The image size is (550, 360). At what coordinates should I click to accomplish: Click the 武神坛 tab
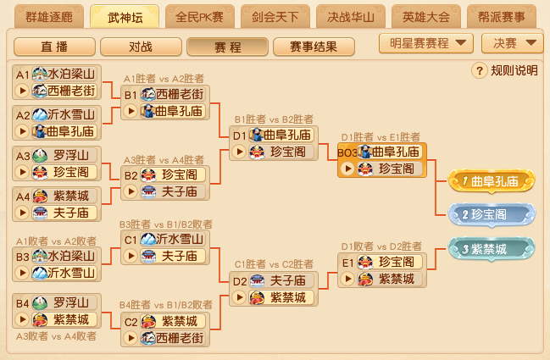pyautogui.click(x=125, y=16)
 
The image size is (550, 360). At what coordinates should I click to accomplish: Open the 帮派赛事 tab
pyautogui.click(x=502, y=16)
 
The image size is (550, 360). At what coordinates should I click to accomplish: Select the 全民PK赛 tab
pyautogui.click(x=200, y=16)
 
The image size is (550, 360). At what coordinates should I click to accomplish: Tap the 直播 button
pyautogui.click(x=54, y=47)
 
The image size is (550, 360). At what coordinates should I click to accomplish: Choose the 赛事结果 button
pyautogui.click(x=314, y=47)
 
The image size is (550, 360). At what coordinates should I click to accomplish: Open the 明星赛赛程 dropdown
pyautogui.click(x=426, y=43)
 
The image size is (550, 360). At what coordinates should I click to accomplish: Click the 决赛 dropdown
pyautogui.click(x=513, y=43)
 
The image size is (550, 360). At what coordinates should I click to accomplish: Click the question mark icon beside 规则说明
pyautogui.click(x=480, y=70)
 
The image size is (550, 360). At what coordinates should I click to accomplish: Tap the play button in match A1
pyautogui.click(x=22, y=91)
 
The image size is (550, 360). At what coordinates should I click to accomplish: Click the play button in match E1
pyautogui.click(x=347, y=279)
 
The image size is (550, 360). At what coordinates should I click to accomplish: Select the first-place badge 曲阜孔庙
pyautogui.click(x=492, y=181)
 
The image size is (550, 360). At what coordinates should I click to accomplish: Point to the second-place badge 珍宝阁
pyautogui.click(x=492, y=214)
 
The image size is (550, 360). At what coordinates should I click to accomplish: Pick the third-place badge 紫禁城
pyautogui.click(x=492, y=249)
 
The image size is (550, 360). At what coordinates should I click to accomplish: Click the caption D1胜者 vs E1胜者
pyautogui.click(x=381, y=137)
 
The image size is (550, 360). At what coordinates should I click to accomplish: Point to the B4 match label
pyautogui.click(x=22, y=303)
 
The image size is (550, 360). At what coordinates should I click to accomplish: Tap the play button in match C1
pyautogui.click(x=131, y=256)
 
